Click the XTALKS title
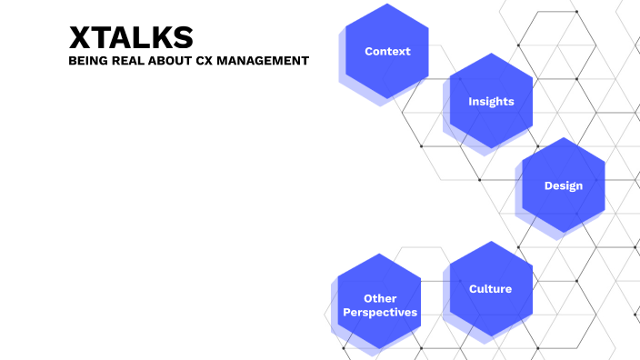(131, 37)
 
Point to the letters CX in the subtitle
(205, 62)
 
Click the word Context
(387, 52)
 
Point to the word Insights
(491, 102)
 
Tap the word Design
(564, 186)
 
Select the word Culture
(491, 289)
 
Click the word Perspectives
(380, 313)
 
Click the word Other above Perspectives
(380, 298)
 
